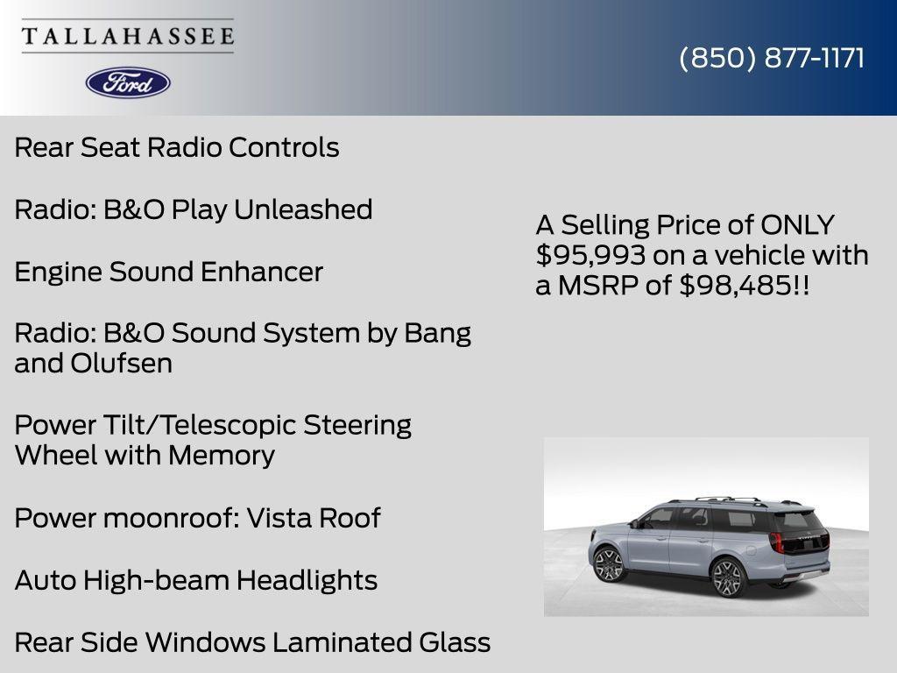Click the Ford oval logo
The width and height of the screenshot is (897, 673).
(128, 83)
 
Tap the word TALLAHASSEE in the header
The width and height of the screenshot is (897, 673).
(128, 36)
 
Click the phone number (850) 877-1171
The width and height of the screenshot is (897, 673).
(772, 59)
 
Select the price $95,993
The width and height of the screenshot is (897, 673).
(591, 255)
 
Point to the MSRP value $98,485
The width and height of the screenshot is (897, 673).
(735, 285)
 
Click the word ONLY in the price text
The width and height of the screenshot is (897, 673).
(797, 225)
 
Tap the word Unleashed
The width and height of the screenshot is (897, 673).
(303, 209)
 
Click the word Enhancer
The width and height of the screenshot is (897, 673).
(261, 272)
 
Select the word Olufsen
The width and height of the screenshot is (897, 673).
(121, 364)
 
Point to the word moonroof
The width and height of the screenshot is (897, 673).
(172, 519)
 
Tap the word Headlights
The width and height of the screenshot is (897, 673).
(307, 580)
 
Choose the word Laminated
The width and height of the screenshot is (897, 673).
(342, 642)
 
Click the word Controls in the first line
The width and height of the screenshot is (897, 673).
(284, 147)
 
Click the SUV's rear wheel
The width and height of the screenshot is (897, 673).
(727, 578)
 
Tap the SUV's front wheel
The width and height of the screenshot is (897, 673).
(609, 563)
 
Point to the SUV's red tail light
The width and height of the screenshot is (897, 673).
(776, 541)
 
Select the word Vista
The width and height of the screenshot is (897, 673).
(279, 519)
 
